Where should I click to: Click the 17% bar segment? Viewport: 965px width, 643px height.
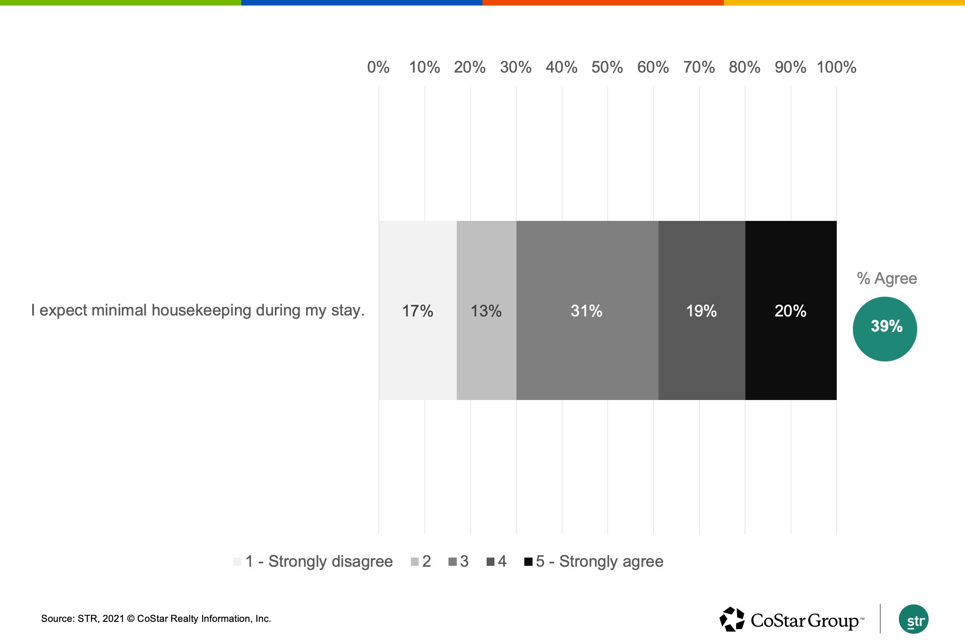tap(417, 310)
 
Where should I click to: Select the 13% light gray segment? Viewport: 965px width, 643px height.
tap(486, 310)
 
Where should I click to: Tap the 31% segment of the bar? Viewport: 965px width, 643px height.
tap(587, 310)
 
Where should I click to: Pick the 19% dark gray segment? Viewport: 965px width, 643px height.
tap(701, 310)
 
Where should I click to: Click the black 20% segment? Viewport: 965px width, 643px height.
tap(790, 310)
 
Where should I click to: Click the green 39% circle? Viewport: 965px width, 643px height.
tap(885, 329)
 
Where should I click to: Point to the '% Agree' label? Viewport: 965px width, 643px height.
tap(886, 278)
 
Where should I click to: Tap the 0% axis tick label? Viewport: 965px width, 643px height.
tap(378, 68)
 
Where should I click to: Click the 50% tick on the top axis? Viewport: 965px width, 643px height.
tap(607, 68)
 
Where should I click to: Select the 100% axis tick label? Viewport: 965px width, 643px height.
tap(836, 68)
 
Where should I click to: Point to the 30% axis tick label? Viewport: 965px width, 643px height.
tap(516, 68)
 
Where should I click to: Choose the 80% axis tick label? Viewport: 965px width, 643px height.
tap(744, 68)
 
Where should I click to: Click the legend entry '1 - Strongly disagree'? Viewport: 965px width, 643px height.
tap(319, 561)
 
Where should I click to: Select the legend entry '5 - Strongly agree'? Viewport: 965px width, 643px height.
tap(599, 561)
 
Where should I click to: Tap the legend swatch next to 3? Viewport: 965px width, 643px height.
tap(453, 562)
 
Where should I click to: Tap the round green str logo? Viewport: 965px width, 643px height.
tap(913, 620)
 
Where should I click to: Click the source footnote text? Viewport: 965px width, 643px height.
tap(156, 619)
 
